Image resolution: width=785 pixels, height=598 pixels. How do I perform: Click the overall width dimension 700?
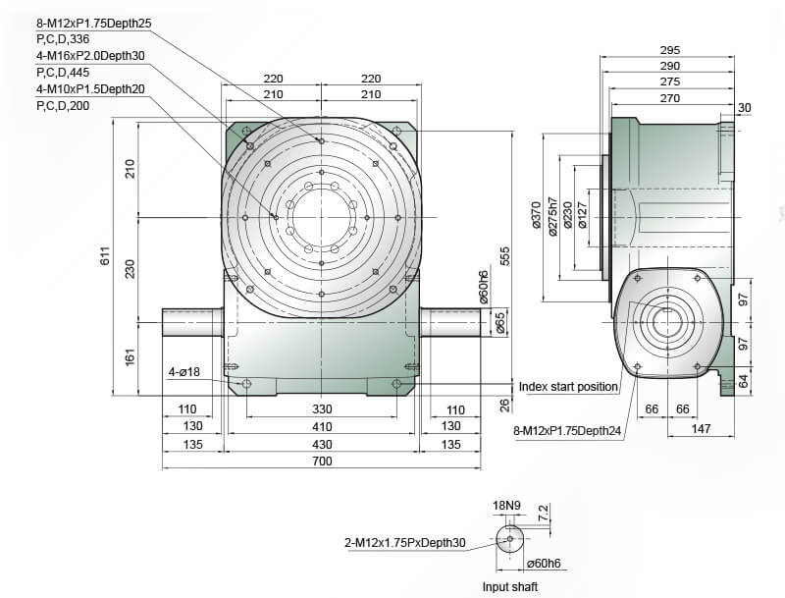[322, 461]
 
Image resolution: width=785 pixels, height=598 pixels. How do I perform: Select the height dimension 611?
[106, 256]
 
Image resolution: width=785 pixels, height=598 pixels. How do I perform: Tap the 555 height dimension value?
[504, 256]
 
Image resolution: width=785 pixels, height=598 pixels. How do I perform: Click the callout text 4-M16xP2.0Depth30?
[90, 56]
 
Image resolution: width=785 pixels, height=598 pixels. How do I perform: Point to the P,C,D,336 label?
[63, 39]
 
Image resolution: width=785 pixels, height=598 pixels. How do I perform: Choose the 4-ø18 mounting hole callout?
[183, 371]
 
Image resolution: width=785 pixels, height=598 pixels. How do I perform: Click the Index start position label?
[568, 387]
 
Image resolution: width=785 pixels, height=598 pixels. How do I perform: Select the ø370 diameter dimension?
[536, 215]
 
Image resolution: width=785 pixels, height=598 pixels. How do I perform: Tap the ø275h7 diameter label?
[552, 216]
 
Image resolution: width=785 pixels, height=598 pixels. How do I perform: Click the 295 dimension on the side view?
[670, 50]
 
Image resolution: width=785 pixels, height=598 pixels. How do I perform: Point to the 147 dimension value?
[701, 429]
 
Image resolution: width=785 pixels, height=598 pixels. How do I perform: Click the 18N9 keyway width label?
[506, 506]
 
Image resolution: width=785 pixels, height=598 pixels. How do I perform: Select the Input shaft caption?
[510, 586]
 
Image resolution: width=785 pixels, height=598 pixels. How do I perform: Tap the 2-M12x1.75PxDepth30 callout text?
[405, 542]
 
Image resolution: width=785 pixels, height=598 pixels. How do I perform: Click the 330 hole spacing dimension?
[322, 409]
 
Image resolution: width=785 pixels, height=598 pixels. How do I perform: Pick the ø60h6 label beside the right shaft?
[483, 288]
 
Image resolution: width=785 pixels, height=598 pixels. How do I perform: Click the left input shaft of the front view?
[192, 322]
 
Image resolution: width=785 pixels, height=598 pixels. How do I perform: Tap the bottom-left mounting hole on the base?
[246, 384]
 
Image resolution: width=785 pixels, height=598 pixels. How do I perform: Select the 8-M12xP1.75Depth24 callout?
[567, 431]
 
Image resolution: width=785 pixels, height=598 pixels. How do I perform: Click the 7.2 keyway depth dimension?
[544, 513]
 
